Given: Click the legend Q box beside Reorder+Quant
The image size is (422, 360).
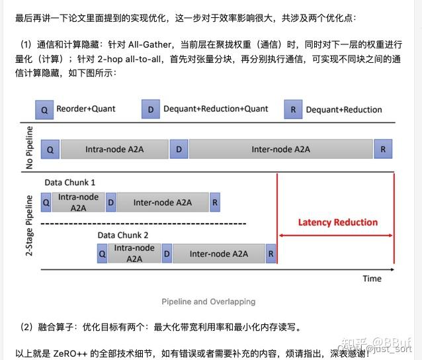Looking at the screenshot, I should pos(44,110).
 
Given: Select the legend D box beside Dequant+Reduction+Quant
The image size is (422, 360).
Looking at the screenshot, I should pos(151,110).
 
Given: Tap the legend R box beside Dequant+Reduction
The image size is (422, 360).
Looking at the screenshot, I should pos(293,110).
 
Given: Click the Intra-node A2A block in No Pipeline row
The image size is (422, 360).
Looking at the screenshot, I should pos(114,150).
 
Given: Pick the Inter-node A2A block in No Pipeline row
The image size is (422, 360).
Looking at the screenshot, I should pos(280,150).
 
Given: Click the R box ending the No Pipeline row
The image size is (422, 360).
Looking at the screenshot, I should pos(383,150).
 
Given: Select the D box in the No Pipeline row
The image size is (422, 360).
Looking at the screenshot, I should pos(179,150).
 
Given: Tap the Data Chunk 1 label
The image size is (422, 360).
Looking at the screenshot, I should pos(70,182).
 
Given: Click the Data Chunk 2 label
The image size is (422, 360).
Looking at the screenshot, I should pos(123,235).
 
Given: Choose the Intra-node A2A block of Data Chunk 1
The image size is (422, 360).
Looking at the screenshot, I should pos(79,202).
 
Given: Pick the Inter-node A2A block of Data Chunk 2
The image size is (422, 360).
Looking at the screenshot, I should pos(219,253).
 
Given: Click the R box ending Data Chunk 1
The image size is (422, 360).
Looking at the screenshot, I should pos(215,202).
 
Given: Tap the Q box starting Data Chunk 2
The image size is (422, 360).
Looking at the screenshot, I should pos(102,253).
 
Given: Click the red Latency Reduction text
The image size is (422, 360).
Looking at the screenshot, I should pos(337,222).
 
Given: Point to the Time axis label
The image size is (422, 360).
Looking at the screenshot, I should pos(372,279).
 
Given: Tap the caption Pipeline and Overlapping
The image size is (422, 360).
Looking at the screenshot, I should pos(208,302).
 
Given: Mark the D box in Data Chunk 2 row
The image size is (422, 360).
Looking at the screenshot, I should pos(167,253).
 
